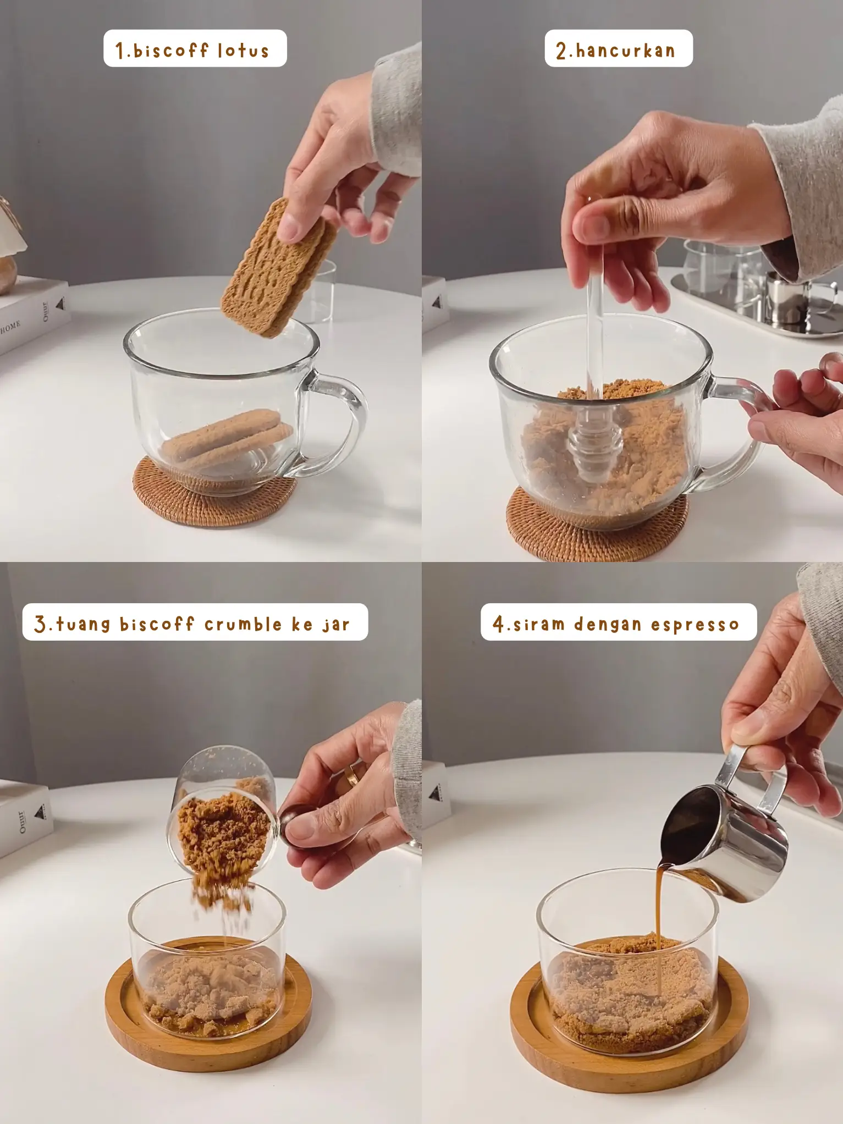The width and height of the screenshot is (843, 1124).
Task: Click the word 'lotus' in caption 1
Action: [x=243, y=51]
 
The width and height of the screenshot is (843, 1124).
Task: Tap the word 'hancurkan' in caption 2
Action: [x=625, y=51]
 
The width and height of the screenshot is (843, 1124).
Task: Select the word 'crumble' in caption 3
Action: [x=243, y=624]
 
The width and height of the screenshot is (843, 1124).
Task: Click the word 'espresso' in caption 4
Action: [x=695, y=625]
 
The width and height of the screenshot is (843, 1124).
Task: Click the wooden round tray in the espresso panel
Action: [x=629, y=1034]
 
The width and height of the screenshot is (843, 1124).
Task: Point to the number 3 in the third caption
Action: [x=40, y=624]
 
